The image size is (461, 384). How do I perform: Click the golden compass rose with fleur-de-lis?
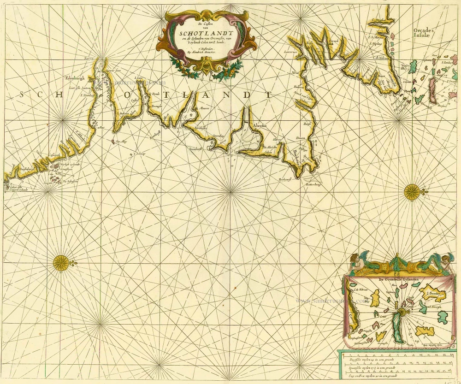[x=412, y=191]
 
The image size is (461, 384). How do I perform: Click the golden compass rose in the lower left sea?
[x=60, y=263]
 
